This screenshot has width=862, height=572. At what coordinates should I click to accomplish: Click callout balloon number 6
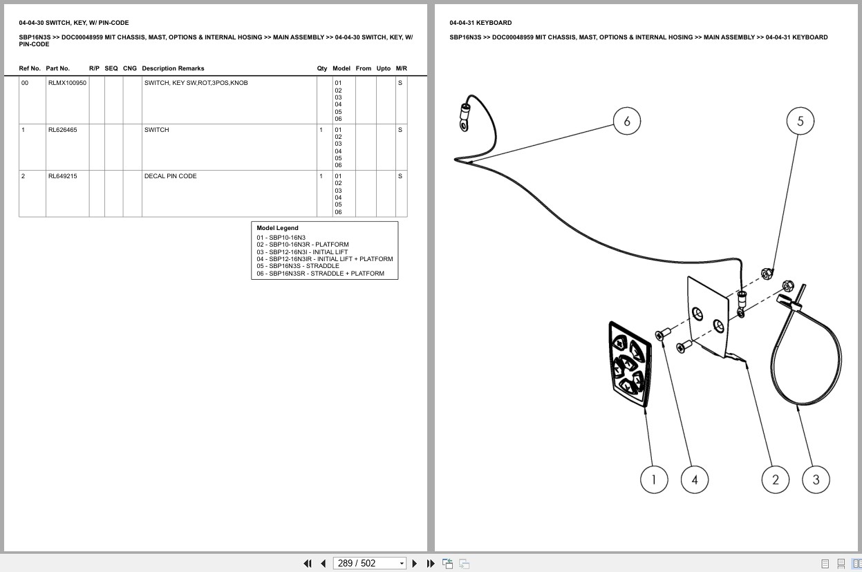(x=626, y=121)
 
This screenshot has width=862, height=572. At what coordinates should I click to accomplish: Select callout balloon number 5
(x=800, y=121)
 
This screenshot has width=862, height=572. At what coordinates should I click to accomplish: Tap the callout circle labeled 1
(x=654, y=479)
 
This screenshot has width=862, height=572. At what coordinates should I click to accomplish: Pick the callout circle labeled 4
(x=694, y=479)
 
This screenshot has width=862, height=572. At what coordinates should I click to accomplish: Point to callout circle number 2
(x=775, y=479)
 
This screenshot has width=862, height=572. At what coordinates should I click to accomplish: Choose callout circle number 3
(x=816, y=479)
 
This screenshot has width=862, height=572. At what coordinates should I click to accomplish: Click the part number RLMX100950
(x=67, y=83)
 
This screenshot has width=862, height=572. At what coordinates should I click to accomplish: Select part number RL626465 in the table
(x=62, y=130)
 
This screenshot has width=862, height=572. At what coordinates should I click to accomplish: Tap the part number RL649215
(x=62, y=175)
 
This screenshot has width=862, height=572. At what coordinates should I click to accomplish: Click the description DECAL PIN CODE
(x=170, y=175)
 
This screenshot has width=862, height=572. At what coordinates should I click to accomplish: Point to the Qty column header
(x=321, y=68)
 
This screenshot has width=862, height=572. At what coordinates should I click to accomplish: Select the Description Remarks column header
(x=173, y=68)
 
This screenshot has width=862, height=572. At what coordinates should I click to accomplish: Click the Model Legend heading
(x=277, y=228)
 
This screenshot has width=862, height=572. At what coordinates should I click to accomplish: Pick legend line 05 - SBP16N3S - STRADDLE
(x=298, y=266)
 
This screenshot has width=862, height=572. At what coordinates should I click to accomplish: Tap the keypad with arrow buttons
(x=630, y=364)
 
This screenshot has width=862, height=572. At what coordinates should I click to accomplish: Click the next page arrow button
(x=414, y=564)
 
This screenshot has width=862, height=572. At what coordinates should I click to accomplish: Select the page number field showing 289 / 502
(x=369, y=564)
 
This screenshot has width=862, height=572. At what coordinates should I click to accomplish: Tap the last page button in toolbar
(x=431, y=564)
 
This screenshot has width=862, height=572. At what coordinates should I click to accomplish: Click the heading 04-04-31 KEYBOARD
(x=480, y=23)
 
